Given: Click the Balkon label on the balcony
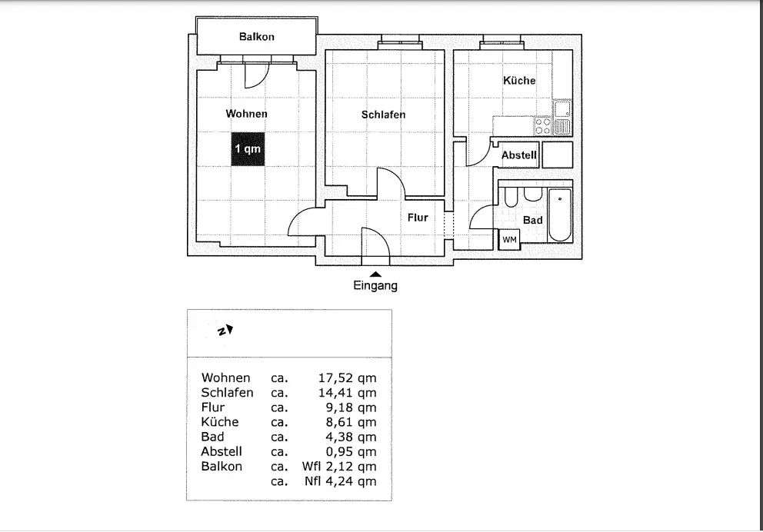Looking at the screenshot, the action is point(256,37).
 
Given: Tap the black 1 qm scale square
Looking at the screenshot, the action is point(248,149).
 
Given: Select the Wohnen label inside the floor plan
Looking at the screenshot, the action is point(246,114).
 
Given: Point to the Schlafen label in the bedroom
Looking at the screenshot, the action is point(383,115).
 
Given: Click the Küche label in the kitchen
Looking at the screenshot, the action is point(519,80).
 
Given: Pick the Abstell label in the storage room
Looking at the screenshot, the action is point(519,155).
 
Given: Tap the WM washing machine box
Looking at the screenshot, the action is point(509,240).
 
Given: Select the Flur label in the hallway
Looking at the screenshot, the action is point(418,218).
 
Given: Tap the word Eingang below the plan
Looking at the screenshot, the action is point(375,287).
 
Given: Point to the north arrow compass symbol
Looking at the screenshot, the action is point(225,331).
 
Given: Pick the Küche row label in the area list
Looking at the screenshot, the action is point(220,422).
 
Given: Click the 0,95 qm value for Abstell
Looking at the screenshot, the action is point(348,452).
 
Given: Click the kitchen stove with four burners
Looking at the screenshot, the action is point(543,125).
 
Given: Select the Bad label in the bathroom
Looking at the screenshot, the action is point(532,221).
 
